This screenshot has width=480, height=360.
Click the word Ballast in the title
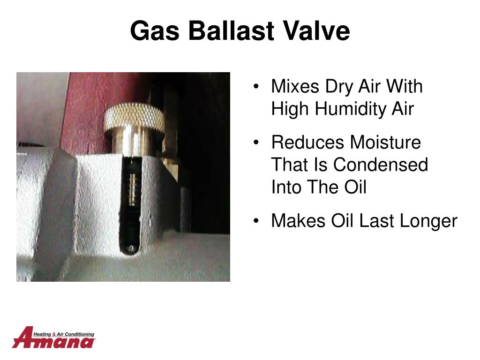(231, 30)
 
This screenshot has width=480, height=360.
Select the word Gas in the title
(155, 30)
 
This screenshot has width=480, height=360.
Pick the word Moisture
(385, 142)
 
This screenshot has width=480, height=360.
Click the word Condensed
(381, 165)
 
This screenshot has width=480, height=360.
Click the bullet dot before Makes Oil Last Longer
(256, 221)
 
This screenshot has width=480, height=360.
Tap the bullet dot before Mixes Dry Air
(256, 86)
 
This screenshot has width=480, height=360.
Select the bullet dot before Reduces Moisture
(256, 142)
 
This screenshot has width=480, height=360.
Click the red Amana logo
(53, 337)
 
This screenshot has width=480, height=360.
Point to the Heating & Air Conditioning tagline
(64, 334)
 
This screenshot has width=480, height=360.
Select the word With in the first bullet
(404, 86)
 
